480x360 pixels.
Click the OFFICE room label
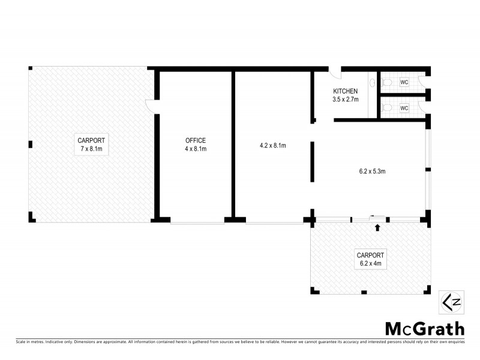(195, 140)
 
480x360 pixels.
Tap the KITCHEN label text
(346, 91)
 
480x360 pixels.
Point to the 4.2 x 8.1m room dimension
(272, 145)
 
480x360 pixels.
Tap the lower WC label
(404, 108)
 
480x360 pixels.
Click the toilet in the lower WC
(388, 107)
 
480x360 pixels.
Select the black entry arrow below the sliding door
(377, 227)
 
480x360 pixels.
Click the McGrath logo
(424, 328)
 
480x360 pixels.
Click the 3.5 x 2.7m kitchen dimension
(346, 99)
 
